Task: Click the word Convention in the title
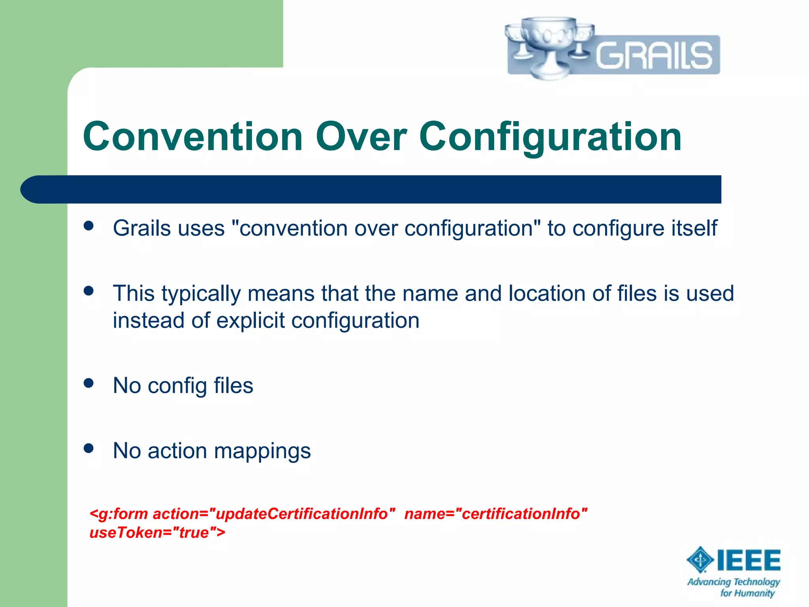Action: click(193, 136)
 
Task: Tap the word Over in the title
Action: click(361, 136)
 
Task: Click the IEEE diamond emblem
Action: click(700, 560)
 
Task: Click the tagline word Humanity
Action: click(754, 593)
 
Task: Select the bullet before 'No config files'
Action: click(88, 383)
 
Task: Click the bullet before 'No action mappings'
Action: click(88, 448)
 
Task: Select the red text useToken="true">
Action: click(157, 533)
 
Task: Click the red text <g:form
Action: click(119, 514)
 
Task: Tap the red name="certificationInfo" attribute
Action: click(496, 514)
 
